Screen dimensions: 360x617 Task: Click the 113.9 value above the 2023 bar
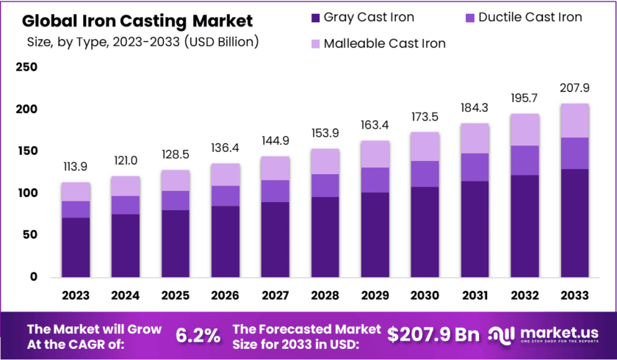point(76,166)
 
